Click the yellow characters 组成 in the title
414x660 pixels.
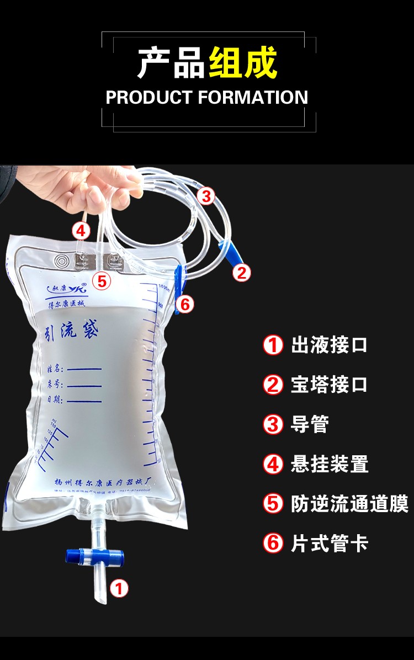coord(242,63)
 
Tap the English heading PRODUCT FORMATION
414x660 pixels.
coord(206,98)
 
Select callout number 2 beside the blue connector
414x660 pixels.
coord(241,273)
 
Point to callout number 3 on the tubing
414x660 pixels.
coord(205,195)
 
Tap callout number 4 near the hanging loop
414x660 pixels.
coord(81,230)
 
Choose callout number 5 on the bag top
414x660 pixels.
coord(102,281)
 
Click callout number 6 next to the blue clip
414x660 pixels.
coord(185,304)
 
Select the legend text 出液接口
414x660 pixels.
coord(329,345)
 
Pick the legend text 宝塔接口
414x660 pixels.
coord(329,385)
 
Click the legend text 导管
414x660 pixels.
coord(310,424)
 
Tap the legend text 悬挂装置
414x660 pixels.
coord(329,464)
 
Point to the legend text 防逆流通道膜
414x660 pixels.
coord(349,504)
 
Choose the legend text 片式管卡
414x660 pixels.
coord(329,544)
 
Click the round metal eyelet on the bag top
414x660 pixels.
coord(61,260)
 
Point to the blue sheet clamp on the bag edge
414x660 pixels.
coord(178,287)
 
